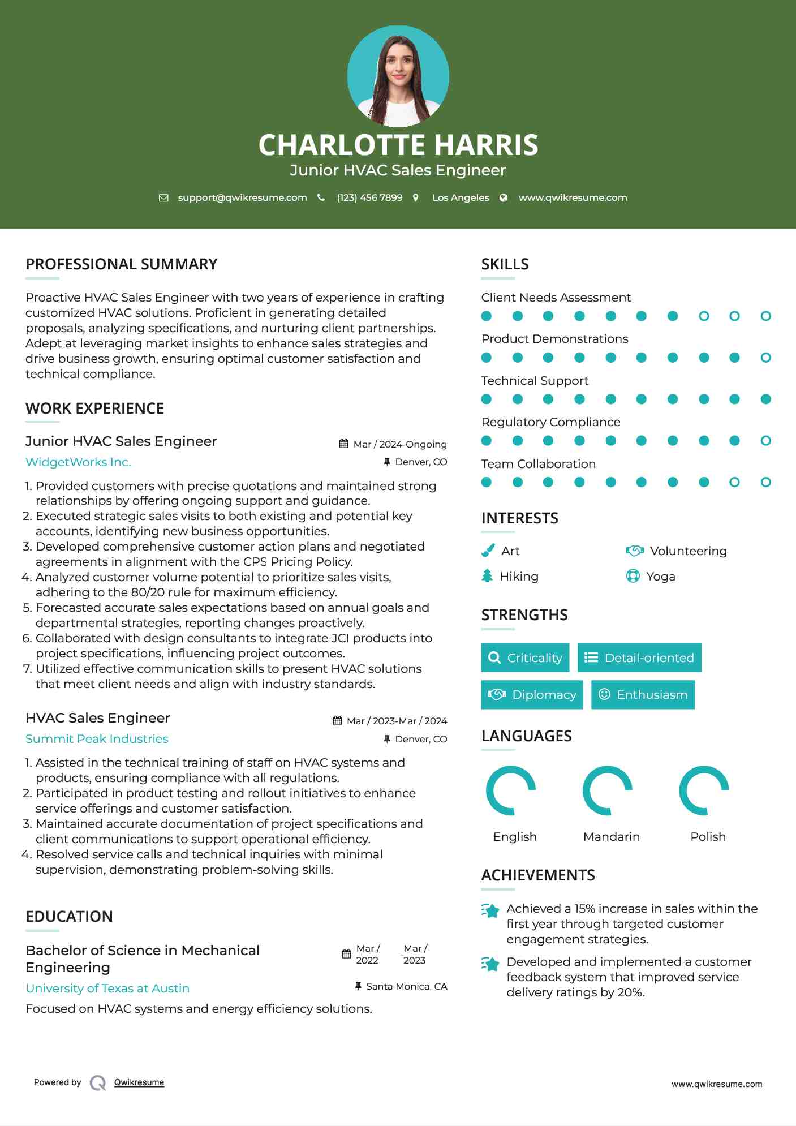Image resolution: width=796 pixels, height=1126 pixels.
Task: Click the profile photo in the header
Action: (398, 76)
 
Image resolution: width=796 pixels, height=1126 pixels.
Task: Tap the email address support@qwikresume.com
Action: (242, 197)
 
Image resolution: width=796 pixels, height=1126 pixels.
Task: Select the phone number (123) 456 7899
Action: (369, 197)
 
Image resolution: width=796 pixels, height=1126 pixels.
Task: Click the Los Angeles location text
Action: (460, 197)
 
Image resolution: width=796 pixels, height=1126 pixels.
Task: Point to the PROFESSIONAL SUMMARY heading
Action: (122, 264)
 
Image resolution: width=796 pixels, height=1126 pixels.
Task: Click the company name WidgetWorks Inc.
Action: (78, 462)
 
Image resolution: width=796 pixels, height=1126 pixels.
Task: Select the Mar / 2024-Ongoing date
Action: (399, 444)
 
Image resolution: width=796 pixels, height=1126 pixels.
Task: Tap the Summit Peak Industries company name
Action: (97, 739)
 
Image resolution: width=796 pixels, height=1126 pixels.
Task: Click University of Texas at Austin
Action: (107, 989)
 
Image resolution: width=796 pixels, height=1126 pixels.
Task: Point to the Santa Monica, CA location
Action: (406, 986)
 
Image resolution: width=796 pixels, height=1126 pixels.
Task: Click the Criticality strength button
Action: (525, 657)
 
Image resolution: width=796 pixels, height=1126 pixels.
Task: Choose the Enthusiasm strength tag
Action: (643, 694)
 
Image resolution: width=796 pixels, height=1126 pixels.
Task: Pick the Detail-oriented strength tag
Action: (639, 657)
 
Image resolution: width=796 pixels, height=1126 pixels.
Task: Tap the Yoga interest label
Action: (660, 577)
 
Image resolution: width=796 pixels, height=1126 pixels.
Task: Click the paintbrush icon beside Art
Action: (488, 551)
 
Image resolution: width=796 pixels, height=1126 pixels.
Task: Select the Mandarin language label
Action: (611, 836)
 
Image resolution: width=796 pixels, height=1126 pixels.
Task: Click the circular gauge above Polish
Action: (703, 790)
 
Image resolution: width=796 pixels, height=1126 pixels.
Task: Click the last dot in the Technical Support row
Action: (765, 399)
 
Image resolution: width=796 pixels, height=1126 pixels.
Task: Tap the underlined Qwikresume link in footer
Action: (139, 1082)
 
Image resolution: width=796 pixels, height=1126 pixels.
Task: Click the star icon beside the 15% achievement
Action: (490, 910)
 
